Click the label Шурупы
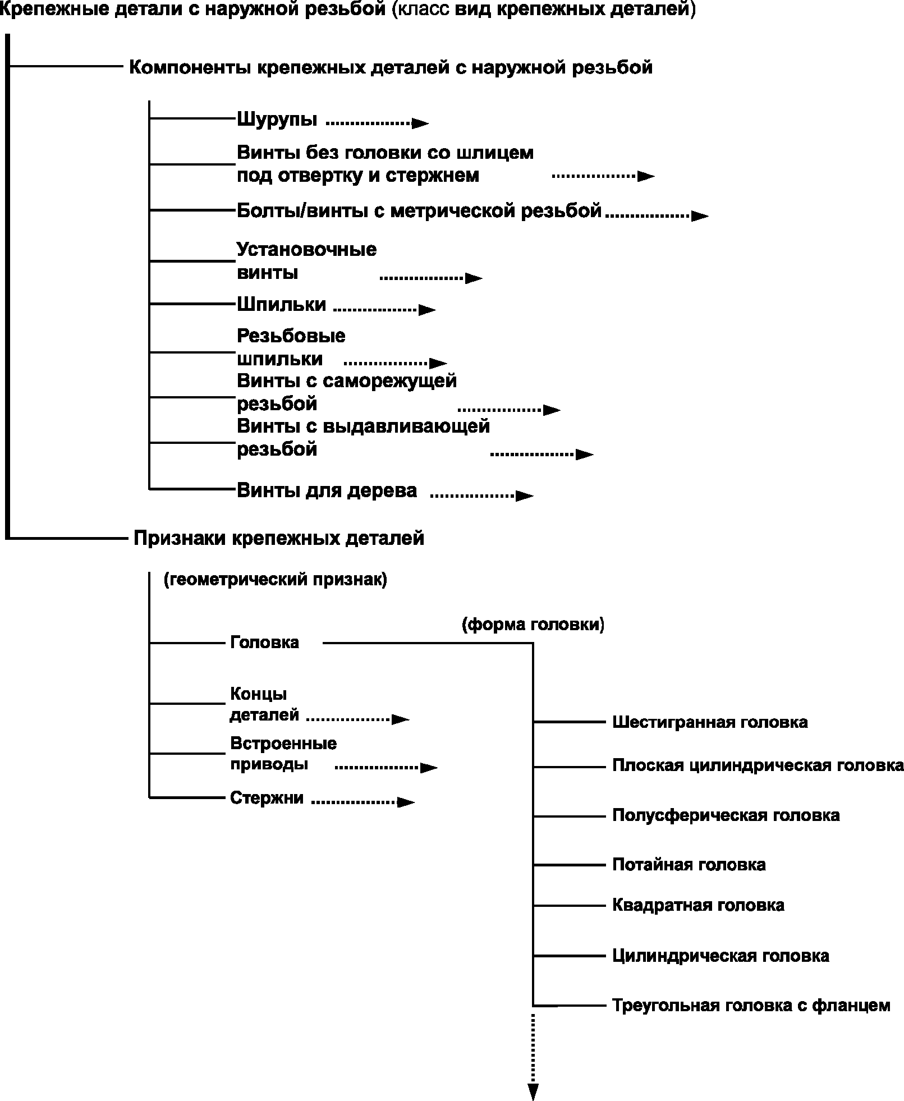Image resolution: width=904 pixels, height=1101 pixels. tap(277, 120)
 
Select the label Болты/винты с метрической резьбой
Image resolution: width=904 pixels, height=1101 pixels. tap(419, 211)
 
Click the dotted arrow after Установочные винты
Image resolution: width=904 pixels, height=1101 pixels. tap(430, 277)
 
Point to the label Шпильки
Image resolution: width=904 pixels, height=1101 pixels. tap(281, 304)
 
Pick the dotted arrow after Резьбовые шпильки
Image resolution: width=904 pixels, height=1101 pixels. tap(394, 363)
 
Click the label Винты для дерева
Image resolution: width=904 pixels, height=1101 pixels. tap(327, 490)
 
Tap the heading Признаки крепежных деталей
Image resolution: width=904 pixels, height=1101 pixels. tap(278, 539)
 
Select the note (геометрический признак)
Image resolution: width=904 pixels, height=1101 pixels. tap(275, 580)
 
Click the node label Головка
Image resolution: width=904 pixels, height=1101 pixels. tap(264, 643)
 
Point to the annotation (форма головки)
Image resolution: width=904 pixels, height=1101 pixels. tap(533, 625)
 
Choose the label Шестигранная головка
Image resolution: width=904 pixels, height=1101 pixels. tap(709, 722)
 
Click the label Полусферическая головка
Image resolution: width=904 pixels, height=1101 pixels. tap(726, 815)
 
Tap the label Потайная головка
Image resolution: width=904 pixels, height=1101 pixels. tap(689, 865)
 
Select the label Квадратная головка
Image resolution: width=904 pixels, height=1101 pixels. tap(698, 905)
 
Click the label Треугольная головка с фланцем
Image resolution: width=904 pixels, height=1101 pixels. tap(751, 1005)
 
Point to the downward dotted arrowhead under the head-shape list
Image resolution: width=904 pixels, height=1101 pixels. tap(533, 1091)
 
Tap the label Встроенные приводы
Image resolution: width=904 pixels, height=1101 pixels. tap(283, 754)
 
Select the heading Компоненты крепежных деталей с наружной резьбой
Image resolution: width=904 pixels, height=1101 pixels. tap(391, 68)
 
